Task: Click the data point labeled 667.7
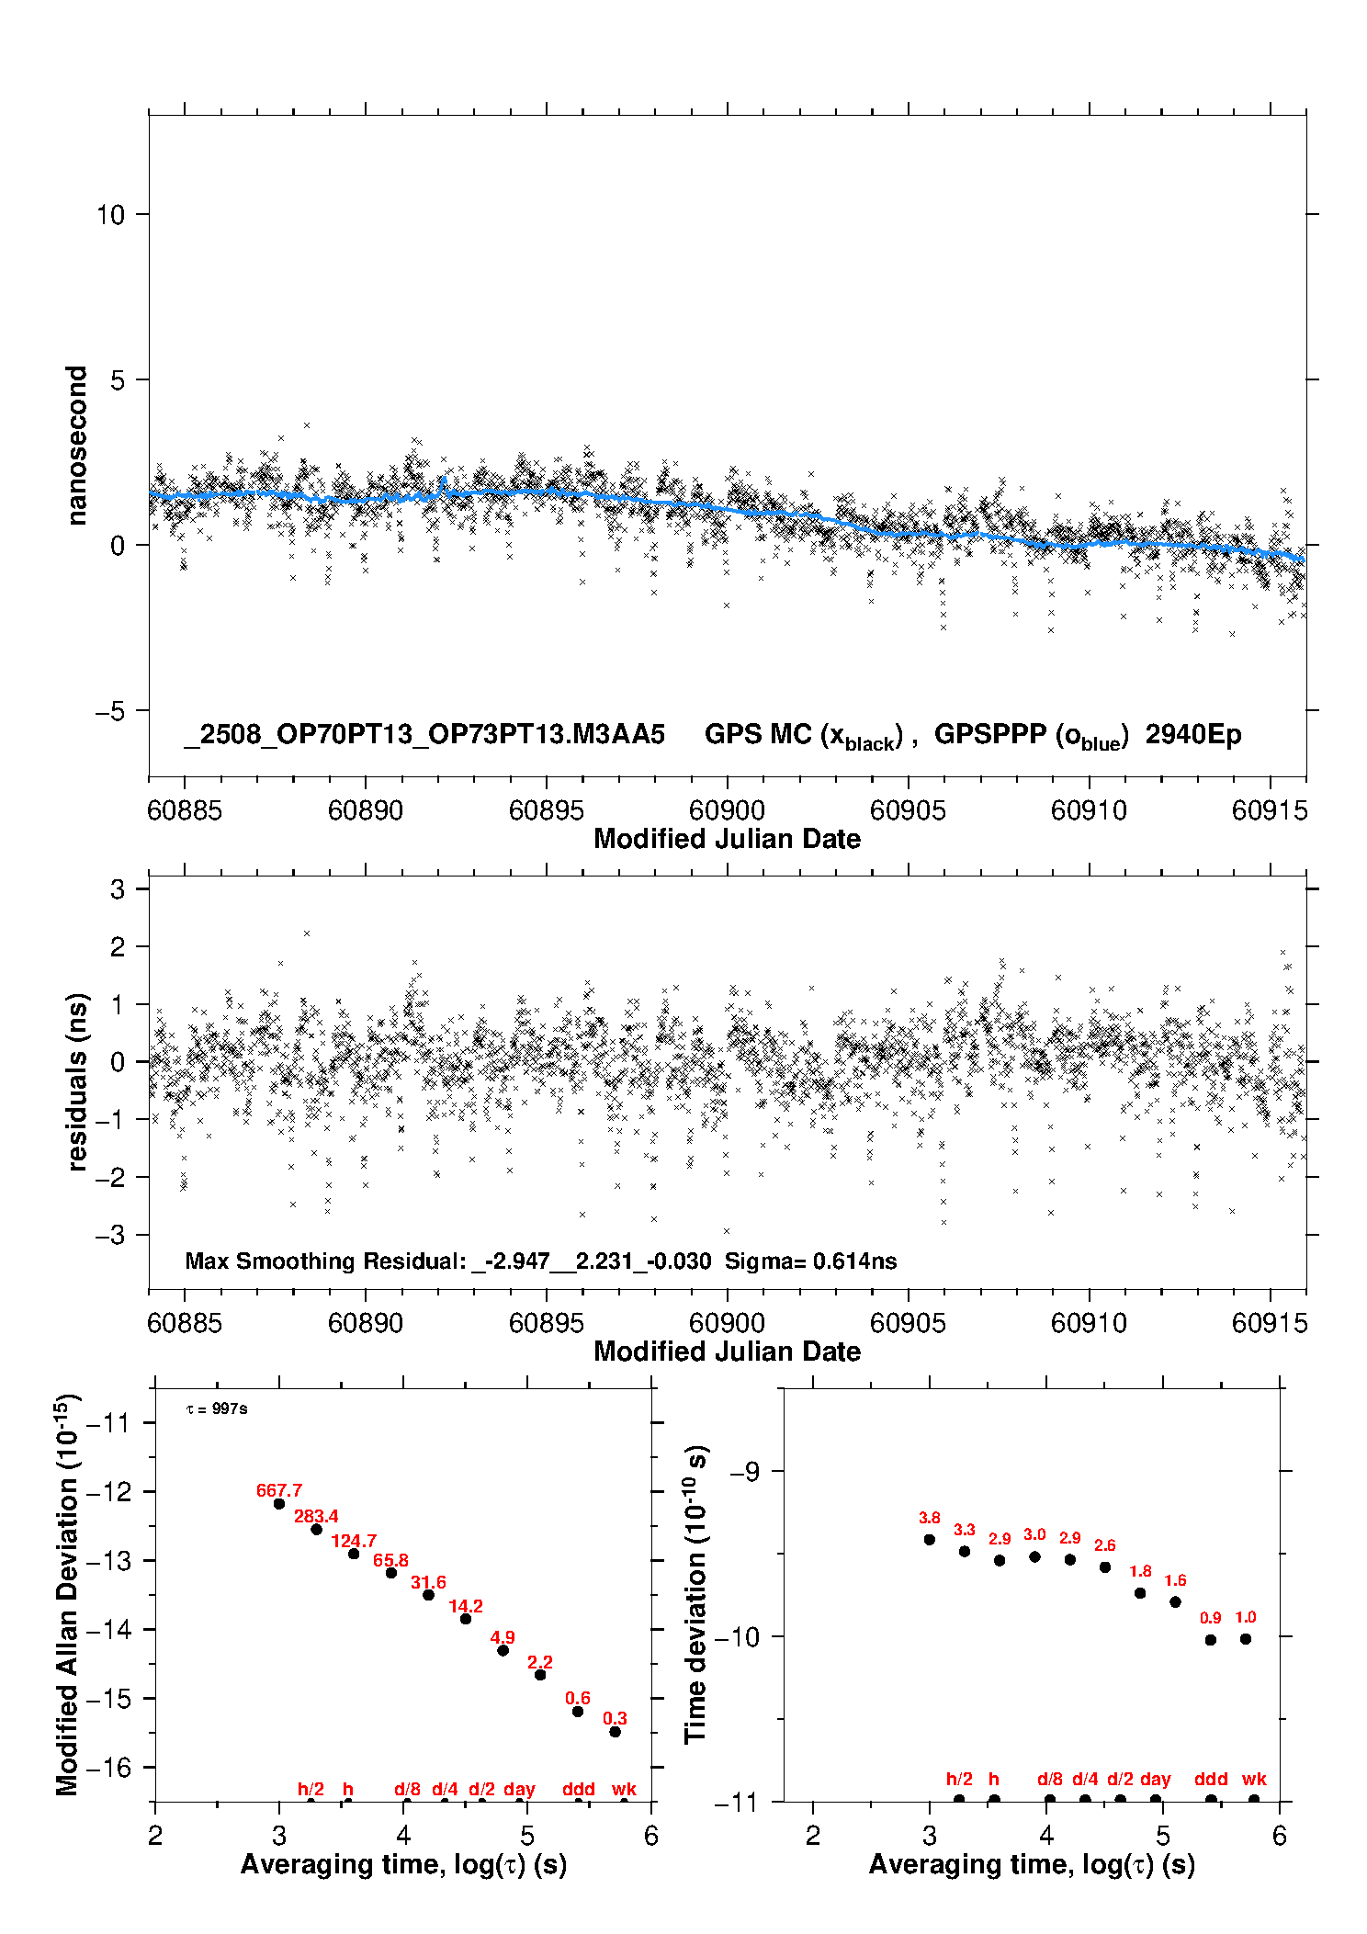(279, 1503)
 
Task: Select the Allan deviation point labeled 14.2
(466, 1618)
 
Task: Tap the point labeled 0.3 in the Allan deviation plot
(616, 1731)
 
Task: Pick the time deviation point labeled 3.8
(930, 1539)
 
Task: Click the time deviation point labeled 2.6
(1105, 1566)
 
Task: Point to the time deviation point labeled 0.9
(1211, 1639)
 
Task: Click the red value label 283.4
(316, 1516)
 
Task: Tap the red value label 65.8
(390, 1560)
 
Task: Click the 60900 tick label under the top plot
(727, 810)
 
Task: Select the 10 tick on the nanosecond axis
(110, 215)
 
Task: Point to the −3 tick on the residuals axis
(110, 1235)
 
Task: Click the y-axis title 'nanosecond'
(76, 446)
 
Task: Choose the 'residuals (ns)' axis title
(77, 1081)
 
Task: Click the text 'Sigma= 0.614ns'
(810, 1261)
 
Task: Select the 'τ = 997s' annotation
(217, 1408)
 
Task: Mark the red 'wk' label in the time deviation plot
(1254, 1779)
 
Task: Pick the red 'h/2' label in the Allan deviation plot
(311, 1789)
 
